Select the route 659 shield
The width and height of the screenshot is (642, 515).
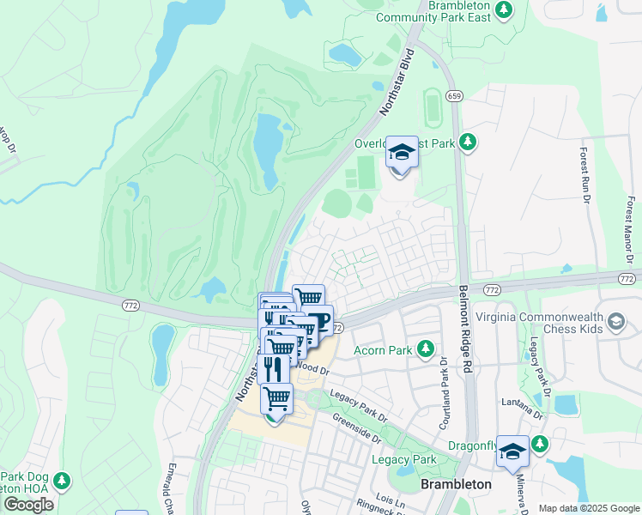(455, 96)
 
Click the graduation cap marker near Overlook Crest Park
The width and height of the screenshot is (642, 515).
(400, 153)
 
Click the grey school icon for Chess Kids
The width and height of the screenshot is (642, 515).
(615, 322)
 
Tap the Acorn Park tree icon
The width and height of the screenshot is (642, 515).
(425, 348)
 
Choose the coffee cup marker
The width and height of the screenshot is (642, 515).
(318, 321)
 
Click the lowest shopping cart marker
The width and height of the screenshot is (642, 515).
(276, 399)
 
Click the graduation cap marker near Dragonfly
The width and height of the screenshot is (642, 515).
(512, 451)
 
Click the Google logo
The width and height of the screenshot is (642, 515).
(28, 504)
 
